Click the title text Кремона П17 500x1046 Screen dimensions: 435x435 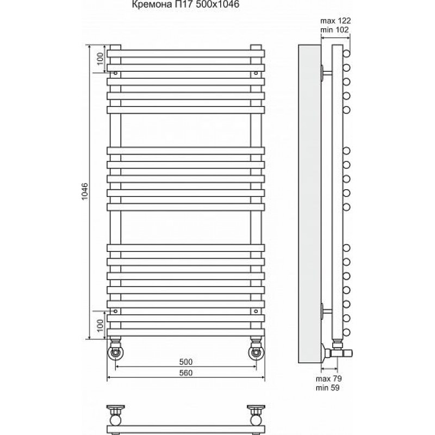[185, 4]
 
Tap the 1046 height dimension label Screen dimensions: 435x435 [85, 191]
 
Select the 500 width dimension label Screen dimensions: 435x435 [185, 362]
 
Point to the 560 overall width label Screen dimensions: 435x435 [185, 373]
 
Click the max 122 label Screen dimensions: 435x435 [335, 21]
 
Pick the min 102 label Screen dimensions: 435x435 [334, 29]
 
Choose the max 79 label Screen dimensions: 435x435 [329, 378]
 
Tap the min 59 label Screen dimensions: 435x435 [328, 388]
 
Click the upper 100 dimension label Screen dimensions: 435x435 [100, 59]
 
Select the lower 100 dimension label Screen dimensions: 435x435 [100, 325]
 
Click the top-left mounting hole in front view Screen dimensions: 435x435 [115, 73]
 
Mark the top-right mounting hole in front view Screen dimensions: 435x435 [256, 73]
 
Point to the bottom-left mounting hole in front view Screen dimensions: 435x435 [115, 311]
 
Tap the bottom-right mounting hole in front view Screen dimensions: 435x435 [256, 311]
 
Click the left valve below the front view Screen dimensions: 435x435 [115, 351]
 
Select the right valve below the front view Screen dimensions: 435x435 [256, 351]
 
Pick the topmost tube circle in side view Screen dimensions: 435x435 [346, 53]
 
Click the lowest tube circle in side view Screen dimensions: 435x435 [346, 332]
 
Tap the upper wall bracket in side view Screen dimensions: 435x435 [326, 73]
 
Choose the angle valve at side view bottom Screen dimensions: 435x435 [337, 351]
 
